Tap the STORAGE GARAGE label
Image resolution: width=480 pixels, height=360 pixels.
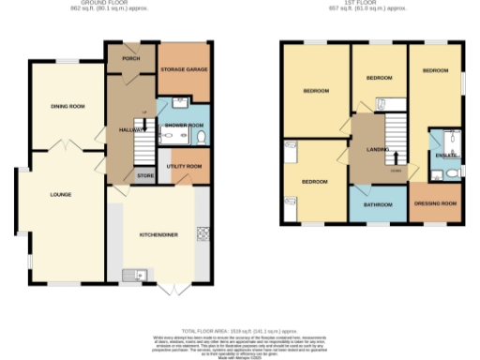[x=183, y=70]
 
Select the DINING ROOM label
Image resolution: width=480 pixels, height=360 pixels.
[x=67, y=107]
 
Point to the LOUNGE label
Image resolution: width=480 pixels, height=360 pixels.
[x=60, y=195]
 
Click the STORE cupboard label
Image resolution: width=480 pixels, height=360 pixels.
[x=144, y=175]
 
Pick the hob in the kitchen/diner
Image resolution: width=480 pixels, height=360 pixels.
[x=202, y=233]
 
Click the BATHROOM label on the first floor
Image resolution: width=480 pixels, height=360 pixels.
[x=378, y=203]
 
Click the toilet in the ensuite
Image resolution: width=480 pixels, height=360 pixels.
[x=452, y=172]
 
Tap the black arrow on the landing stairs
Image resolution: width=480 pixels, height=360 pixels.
[x=395, y=157]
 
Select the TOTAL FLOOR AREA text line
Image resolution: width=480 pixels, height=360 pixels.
[x=240, y=331]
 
